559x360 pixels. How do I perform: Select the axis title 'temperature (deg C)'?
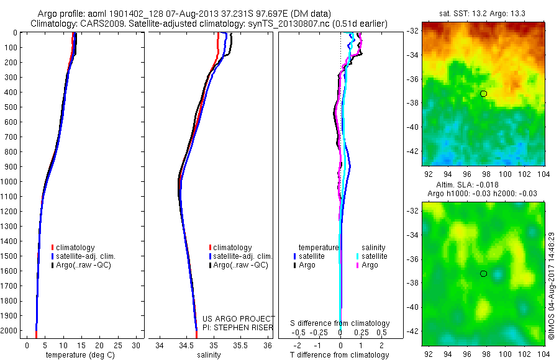pos(78,355)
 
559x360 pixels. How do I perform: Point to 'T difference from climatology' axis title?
pos(340,355)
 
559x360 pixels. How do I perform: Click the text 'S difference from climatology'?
pos(340,323)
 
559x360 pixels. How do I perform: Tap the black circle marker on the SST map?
pos(483,94)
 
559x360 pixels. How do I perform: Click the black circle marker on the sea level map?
pos(483,274)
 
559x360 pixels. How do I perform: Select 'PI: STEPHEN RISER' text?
pos(239,328)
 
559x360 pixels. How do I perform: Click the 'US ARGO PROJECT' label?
pos(239,319)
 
